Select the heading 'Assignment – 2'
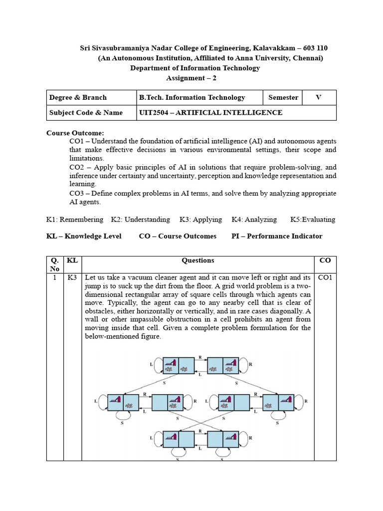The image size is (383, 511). point(191,78)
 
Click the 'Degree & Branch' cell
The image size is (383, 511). point(78,97)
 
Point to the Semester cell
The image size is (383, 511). point(283,97)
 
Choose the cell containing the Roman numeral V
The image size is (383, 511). point(318,97)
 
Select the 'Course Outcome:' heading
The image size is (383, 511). point(75,133)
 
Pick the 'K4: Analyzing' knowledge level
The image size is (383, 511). point(254,219)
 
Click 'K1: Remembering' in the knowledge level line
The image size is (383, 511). point(75,219)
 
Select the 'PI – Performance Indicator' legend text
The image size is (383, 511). point(277,236)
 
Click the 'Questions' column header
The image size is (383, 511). point(197,260)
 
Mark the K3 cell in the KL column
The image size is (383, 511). point(72,277)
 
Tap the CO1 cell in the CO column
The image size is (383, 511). point(325,277)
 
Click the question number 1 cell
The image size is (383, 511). point(54,277)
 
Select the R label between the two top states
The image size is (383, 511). point(200,358)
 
